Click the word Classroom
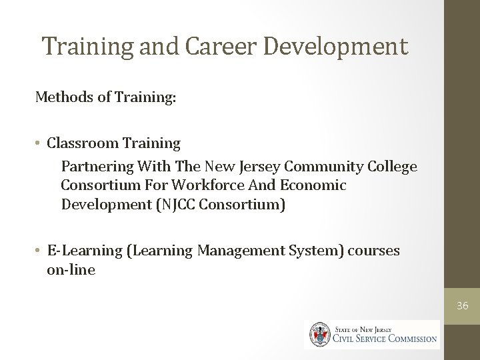pos(83,143)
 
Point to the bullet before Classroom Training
pos(40,143)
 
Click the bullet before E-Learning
pos(40,251)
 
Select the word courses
pos(378,251)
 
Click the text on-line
pos(71,270)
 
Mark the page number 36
pos(461,306)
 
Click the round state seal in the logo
pos(318,334)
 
